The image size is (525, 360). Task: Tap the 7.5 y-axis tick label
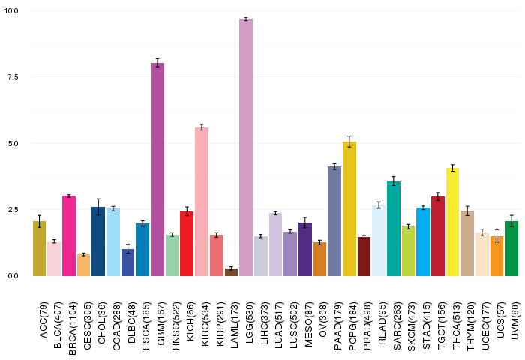13,76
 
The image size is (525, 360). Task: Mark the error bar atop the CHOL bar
98,207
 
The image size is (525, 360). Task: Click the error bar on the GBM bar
157,63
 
